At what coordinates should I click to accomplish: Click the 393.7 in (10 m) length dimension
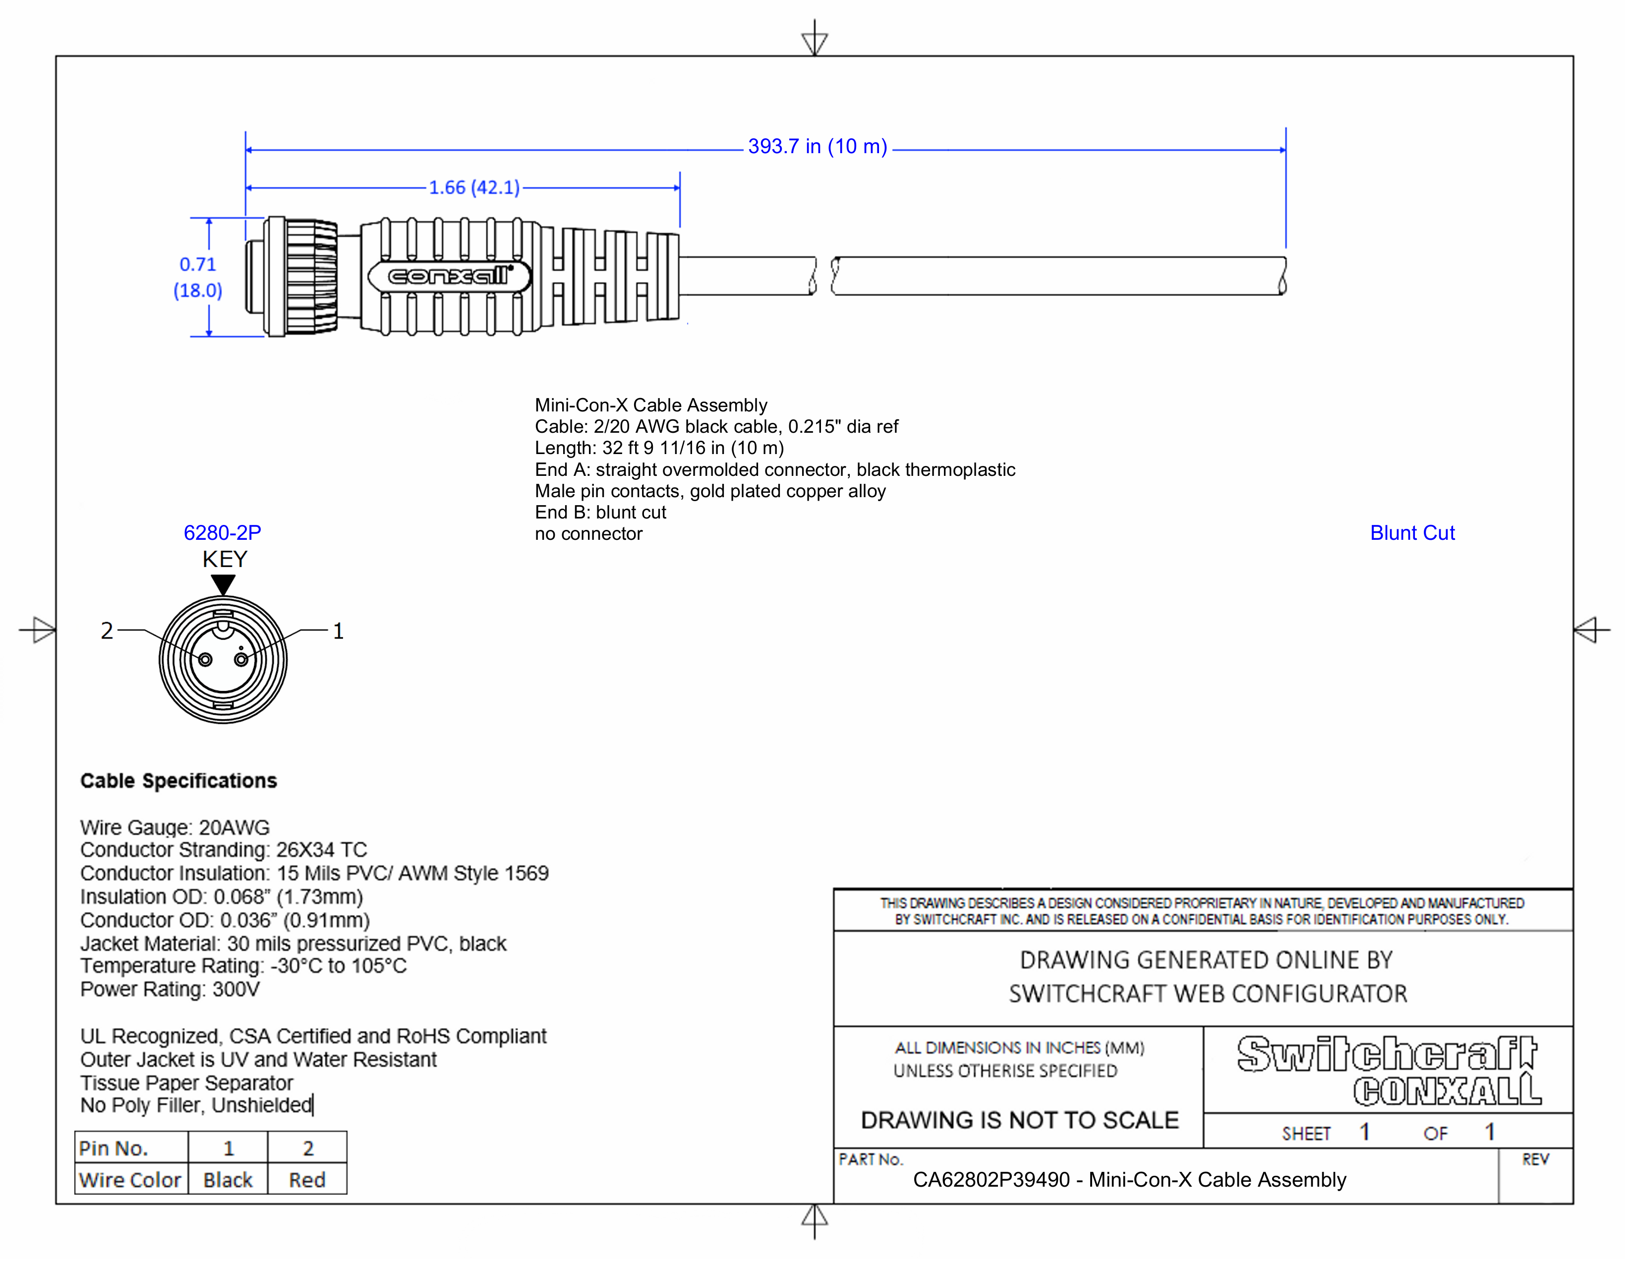pos(817,147)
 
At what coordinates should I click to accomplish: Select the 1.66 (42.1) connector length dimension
pos(474,187)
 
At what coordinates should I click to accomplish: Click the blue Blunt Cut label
pos(1411,533)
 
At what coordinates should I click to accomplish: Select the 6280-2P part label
pos(223,533)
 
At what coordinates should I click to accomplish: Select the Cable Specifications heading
pos(178,781)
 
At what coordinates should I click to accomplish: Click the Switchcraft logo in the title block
pos(1387,1054)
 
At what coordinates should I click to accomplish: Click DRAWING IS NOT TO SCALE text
pos(1019,1120)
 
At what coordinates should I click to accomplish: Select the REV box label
pos(1534,1160)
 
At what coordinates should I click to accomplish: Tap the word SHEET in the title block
pos(1306,1134)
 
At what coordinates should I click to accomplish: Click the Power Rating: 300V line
pos(170,990)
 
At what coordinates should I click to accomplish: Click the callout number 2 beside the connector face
pos(107,631)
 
